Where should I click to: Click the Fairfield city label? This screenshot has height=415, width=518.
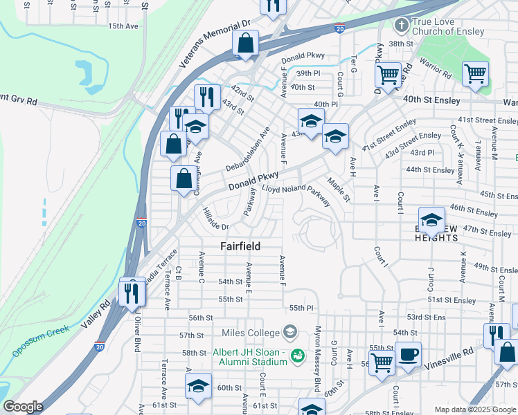pyautogui.click(x=240, y=246)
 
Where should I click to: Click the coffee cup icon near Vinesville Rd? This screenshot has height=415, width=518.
pyautogui.click(x=408, y=353)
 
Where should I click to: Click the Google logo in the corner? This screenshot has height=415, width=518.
pyautogui.click(x=24, y=407)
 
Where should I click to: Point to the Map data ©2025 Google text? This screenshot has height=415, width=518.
pyautogui.click(x=474, y=409)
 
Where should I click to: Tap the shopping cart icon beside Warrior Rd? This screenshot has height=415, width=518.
pyautogui.click(x=475, y=73)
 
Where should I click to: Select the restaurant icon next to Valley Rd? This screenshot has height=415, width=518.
pyautogui.click(x=131, y=293)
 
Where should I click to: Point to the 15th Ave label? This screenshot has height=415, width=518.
pyautogui.click(x=123, y=26)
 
